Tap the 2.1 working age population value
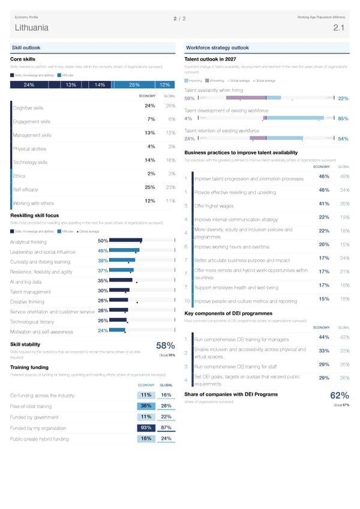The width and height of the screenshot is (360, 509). pos(338,27)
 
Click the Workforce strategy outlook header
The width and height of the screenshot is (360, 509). pos(217,47)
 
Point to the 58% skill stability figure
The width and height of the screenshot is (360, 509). pos(165,346)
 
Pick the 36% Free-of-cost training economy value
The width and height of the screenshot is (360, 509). pos(145,406)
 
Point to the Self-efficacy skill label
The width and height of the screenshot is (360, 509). pos(26,189)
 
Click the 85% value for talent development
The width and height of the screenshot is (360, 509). pos(343,118)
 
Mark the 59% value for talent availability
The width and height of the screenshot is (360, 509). pos(189,98)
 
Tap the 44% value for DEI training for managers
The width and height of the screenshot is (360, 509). pos(323,336)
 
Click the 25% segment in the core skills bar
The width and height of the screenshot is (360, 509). pos(134,85)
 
